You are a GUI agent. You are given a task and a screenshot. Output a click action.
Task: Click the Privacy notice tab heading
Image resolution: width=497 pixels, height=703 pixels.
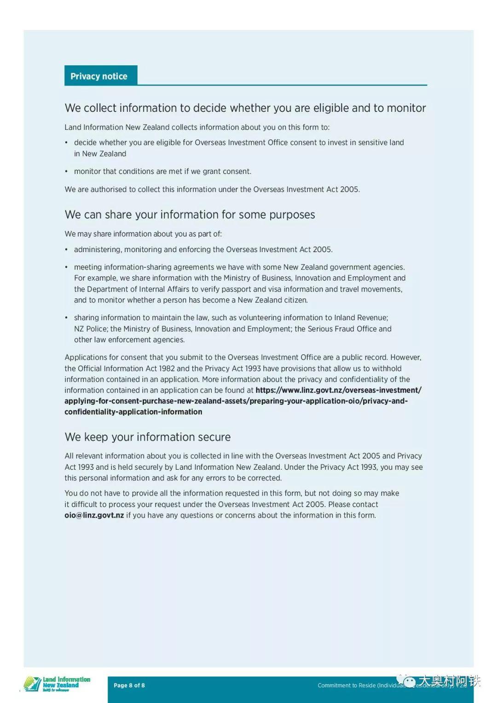pyautogui.click(x=99, y=76)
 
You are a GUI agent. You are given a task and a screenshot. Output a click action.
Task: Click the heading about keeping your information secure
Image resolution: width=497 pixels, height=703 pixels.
pyautogui.click(x=148, y=437)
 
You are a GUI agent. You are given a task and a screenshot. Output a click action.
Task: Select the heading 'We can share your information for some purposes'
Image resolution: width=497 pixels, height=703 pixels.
pyautogui.click(x=190, y=215)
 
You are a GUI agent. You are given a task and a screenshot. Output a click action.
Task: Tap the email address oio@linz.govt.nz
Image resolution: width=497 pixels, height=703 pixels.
pyautogui.click(x=94, y=515)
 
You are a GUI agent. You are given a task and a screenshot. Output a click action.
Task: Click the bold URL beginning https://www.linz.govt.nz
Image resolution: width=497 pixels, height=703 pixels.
pyautogui.click(x=338, y=390)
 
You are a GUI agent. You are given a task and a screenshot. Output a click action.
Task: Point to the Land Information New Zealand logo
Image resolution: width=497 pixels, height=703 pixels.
pyautogui.click(x=57, y=685)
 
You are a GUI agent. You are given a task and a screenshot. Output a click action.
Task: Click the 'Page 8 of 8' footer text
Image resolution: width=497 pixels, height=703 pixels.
pyautogui.click(x=129, y=686)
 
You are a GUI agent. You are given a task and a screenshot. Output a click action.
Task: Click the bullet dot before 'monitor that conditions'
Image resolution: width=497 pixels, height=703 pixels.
pyautogui.click(x=66, y=172)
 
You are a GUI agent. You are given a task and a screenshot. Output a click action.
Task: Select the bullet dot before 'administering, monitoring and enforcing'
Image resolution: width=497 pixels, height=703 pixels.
pyautogui.click(x=66, y=250)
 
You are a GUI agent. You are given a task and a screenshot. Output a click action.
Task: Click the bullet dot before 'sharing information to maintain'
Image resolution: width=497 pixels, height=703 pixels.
pyautogui.click(x=66, y=318)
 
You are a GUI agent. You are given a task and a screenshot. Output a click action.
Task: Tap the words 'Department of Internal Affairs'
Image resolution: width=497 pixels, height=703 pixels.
pyautogui.click(x=138, y=289)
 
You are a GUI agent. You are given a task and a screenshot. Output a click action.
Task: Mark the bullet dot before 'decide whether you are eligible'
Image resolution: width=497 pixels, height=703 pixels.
pyautogui.click(x=66, y=143)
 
